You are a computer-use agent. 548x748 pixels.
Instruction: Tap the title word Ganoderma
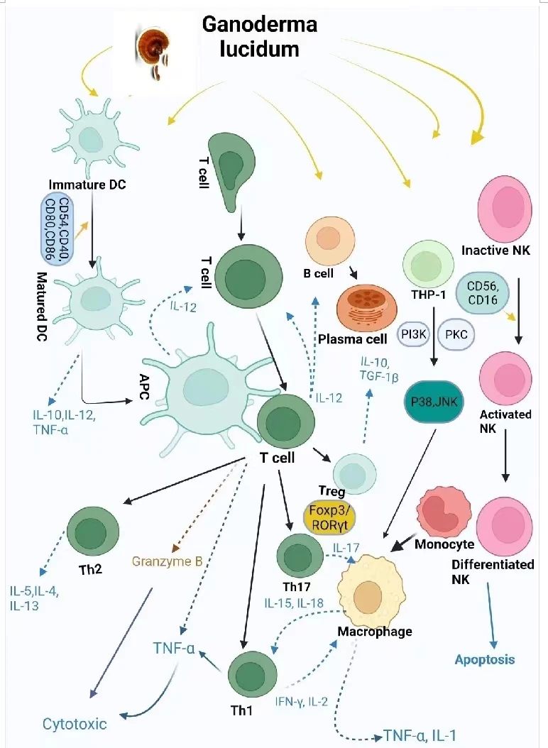[259, 24]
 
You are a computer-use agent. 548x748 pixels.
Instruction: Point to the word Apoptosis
[486, 659]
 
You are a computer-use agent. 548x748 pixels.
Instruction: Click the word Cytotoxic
[75, 724]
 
